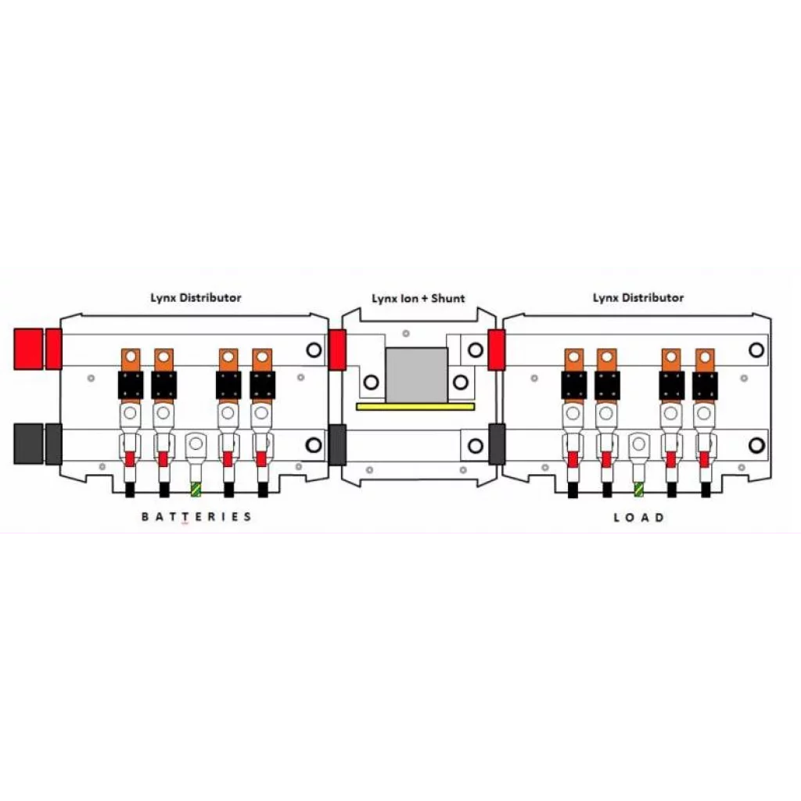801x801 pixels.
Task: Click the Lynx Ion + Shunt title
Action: tap(418, 298)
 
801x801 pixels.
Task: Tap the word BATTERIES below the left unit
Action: tap(196, 516)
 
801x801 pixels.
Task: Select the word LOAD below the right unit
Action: tap(638, 517)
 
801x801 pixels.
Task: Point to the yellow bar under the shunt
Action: tap(415, 407)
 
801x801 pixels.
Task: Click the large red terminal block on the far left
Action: tap(28, 349)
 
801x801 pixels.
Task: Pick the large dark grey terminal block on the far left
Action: tap(28, 444)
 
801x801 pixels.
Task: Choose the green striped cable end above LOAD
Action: tap(639, 489)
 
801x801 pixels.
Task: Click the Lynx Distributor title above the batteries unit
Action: tap(196, 297)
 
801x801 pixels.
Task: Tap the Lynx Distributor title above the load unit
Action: tap(638, 297)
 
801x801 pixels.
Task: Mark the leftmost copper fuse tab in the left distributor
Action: tap(130, 360)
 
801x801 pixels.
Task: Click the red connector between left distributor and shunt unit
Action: tap(337, 350)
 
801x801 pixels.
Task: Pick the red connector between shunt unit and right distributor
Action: tap(496, 350)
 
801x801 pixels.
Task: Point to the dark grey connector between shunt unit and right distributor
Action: tap(496, 444)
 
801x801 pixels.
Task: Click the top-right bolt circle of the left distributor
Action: tap(314, 350)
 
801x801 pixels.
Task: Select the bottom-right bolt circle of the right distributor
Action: tap(756, 445)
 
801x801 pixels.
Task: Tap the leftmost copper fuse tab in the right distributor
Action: tap(573, 360)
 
